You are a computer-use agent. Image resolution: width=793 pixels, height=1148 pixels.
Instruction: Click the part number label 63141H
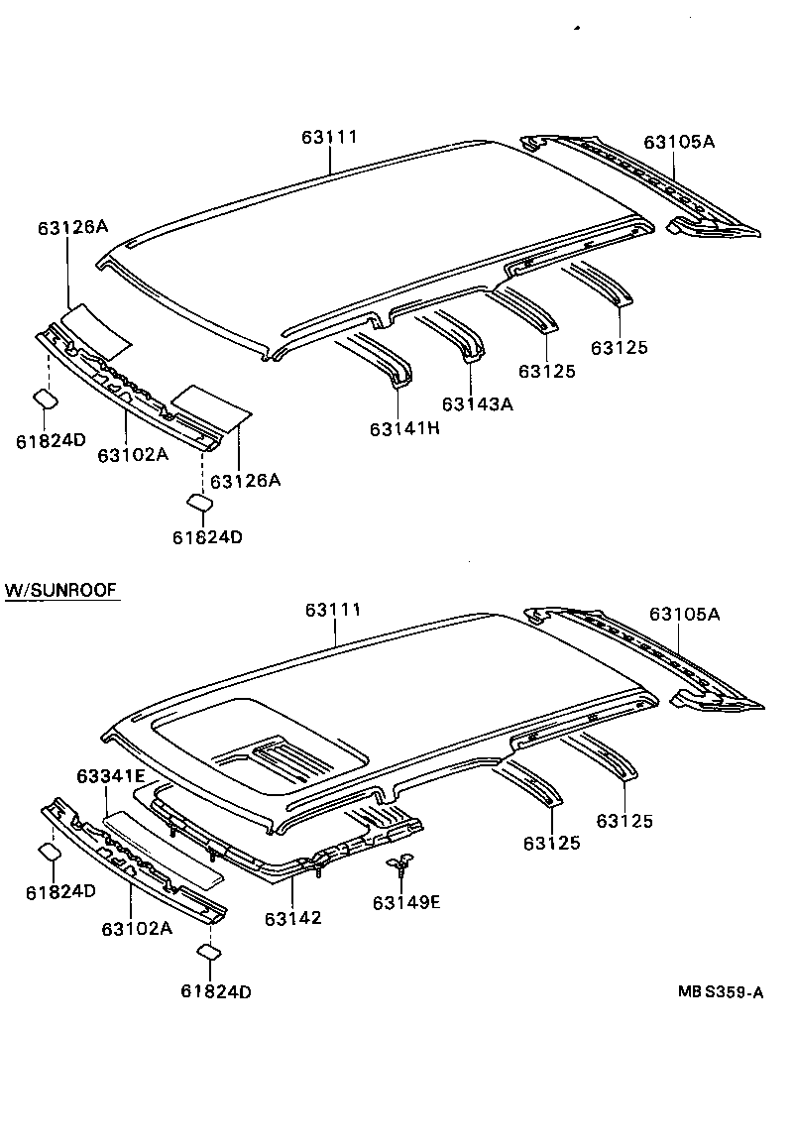(404, 428)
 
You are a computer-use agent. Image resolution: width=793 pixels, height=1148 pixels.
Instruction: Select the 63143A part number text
(477, 403)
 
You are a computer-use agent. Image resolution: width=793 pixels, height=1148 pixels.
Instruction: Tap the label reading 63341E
(111, 775)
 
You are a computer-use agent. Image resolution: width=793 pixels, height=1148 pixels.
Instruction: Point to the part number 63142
(292, 918)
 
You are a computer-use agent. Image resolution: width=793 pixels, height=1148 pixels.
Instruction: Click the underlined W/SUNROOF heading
(61, 590)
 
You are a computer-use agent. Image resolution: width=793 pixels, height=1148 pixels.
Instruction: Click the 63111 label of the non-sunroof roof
(329, 138)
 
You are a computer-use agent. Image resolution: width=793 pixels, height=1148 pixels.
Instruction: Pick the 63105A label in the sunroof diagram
(684, 614)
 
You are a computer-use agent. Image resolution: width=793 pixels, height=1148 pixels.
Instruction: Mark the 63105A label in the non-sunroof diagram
(679, 141)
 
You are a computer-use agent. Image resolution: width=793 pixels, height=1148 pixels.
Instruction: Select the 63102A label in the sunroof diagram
(136, 928)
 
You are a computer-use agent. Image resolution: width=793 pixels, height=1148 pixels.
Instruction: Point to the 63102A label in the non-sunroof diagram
(133, 454)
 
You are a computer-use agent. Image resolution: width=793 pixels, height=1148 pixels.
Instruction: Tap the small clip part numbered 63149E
(399, 866)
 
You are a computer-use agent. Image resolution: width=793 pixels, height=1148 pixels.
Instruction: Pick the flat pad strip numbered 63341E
(164, 843)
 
